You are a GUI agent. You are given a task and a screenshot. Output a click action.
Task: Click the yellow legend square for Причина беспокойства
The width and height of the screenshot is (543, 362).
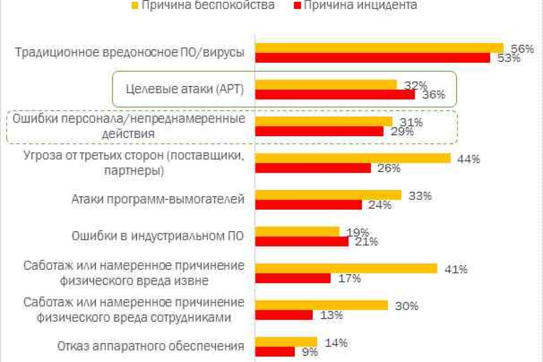tap(135, 6)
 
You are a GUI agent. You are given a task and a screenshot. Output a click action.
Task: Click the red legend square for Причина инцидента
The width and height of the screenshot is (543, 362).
tap(297, 6)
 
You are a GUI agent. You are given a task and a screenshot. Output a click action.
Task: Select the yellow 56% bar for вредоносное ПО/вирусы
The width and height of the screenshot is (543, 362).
tap(379, 48)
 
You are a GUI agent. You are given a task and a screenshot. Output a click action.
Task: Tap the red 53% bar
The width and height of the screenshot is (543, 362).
tap(372, 58)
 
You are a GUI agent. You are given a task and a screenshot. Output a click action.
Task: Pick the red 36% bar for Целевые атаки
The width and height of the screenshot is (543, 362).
tap(335, 95)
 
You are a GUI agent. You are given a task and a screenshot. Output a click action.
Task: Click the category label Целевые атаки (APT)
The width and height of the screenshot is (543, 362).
tap(178, 90)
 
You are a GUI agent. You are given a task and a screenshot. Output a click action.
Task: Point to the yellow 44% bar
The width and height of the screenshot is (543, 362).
tap(353, 158)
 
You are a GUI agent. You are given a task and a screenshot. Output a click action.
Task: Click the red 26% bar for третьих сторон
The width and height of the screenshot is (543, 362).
tap(313, 168)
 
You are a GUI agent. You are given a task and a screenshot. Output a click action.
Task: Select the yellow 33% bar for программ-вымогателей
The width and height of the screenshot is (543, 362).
tap(328, 195)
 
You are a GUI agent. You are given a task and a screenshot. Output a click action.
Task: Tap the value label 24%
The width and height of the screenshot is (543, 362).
tap(380, 205)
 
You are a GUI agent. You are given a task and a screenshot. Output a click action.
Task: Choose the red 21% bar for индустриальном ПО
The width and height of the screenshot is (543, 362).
tap(302, 241)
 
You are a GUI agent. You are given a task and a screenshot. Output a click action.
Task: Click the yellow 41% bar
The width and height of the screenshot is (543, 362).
tap(346, 268)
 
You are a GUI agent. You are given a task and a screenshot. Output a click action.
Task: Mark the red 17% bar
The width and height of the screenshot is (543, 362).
tap(293, 278)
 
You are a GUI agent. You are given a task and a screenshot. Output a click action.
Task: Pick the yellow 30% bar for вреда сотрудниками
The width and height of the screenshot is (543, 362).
tap(321, 305)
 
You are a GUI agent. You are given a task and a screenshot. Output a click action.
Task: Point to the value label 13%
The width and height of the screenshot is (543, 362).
tap(331, 315)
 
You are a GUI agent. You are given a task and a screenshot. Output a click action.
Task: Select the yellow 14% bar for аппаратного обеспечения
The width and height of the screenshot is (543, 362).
tap(286, 341)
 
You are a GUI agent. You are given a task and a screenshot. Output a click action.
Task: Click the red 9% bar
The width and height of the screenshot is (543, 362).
tap(275, 351)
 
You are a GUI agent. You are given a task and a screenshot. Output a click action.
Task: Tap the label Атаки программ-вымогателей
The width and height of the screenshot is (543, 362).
tap(158, 200)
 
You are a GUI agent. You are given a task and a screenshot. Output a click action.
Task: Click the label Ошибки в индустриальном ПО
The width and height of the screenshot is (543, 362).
tap(158, 236)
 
